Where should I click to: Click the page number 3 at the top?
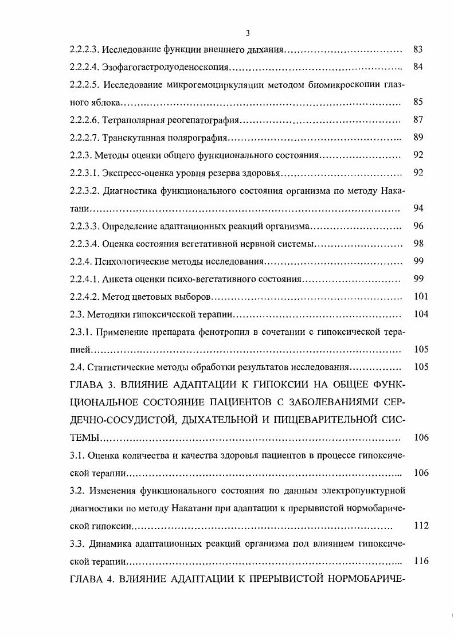pos(247,33)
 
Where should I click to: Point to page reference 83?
pos(418,50)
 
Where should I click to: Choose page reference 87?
pos(418,121)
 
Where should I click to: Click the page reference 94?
pos(418,208)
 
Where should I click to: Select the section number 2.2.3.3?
pos(85,226)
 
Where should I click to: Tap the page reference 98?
pos(418,244)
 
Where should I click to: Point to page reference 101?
pos(420,297)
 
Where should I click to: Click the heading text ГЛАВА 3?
pos(93,385)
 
